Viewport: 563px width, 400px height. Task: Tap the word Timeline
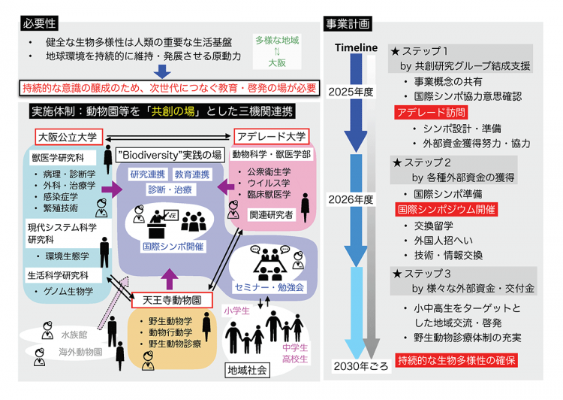click(356, 49)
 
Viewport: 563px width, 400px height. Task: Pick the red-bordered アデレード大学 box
click(271, 136)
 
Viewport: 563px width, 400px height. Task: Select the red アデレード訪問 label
click(426, 113)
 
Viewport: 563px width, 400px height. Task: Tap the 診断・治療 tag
click(170, 190)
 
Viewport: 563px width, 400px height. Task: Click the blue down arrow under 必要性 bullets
click(162, 71)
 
